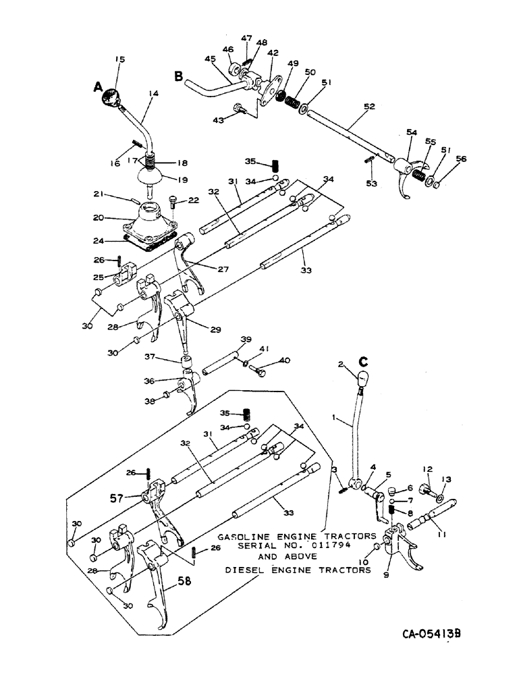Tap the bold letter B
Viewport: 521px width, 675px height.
tap(179, 77)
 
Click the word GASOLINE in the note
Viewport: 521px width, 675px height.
tap(241, 532)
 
